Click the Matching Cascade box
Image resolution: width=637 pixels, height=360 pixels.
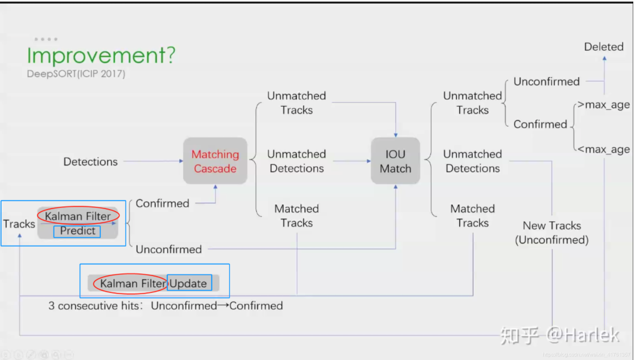point(215,161)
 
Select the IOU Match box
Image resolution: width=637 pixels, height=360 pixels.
point(395,161)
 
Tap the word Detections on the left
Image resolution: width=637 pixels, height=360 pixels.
point(90,162)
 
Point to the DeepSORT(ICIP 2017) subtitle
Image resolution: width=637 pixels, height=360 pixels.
point(76,74)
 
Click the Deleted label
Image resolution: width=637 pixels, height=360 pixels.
point(603,47)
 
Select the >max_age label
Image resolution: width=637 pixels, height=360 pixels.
point(603,105)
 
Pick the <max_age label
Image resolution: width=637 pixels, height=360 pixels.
point(603,149)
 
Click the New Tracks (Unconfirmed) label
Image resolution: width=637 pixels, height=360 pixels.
point(552,233)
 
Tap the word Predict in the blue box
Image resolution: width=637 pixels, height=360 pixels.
point(78,231)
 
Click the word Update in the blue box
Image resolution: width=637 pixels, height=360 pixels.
point(188,283)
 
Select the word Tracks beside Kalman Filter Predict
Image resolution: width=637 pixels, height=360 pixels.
point(19,224)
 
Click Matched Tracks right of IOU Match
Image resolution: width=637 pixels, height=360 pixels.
point(472,216)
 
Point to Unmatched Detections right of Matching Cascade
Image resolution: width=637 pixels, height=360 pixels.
point(297,161)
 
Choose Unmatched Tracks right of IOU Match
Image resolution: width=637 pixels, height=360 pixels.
point(472,103)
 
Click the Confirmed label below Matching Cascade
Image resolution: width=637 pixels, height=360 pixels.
point(162,203)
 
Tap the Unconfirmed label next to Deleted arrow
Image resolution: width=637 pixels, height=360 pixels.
point(546,82)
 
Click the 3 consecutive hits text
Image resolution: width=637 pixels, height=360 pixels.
point(165,306)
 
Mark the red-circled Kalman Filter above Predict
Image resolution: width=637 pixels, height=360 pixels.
point(78,216)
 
